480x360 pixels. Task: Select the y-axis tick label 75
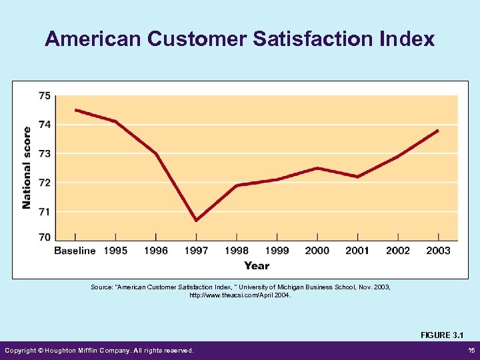coord(43,95)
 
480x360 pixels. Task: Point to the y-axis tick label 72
coord(43,182)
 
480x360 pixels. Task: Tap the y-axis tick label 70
coord(43,237)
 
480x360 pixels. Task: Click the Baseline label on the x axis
coord(75,251)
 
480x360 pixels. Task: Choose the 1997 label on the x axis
coord(196,251)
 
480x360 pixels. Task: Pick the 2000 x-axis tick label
coord(317,251)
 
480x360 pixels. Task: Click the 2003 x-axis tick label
coord(438,251)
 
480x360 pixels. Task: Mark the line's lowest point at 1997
coord(196,220)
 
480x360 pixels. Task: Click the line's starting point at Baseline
coord(75,109)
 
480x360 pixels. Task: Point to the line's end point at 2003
coord(438,131)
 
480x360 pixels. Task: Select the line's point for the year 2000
coord(317,168)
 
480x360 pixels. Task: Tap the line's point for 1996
coord(156,153)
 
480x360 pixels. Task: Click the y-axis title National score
coord(27,167)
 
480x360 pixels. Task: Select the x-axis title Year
coord(257,265)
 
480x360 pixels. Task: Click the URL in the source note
coord(240,294)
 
